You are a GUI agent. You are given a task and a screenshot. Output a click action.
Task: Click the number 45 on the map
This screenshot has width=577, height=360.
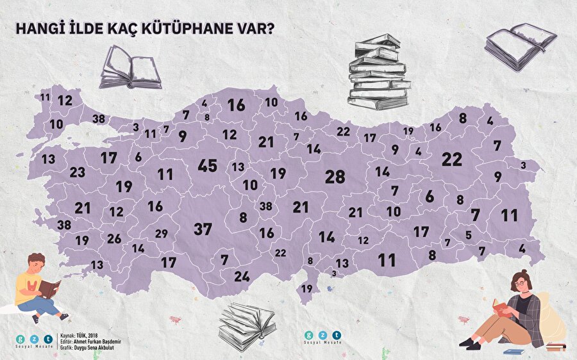pyautogui.click(x=207, y=166)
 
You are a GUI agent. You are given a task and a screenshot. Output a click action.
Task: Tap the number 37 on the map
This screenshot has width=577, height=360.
pyautogui.click(x=203, y=228)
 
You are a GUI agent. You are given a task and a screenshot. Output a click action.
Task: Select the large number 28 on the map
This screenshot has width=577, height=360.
pyautogui.click(x=335, y=177)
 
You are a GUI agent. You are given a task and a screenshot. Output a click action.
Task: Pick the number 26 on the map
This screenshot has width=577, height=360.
pyautogui.click(x=114, y=239)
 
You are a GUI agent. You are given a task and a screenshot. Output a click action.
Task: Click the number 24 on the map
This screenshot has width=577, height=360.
pyautogui.click(x=241, y=277)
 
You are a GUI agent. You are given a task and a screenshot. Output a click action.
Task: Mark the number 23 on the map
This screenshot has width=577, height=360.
pyautogui.click(x=77, y=172)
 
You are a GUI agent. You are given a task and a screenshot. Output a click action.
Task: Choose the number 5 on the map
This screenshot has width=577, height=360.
pyautogui.click(x=469, y=234)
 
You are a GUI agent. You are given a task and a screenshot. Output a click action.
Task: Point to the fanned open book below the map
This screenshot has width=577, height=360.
pyautogui.click(x=246, y=325)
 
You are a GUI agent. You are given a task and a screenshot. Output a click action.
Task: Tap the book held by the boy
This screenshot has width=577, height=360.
pyautogui.click(x=50, y=288)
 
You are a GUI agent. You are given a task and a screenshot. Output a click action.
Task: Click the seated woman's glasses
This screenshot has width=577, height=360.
pyautogui.click(x=521, y=282)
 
